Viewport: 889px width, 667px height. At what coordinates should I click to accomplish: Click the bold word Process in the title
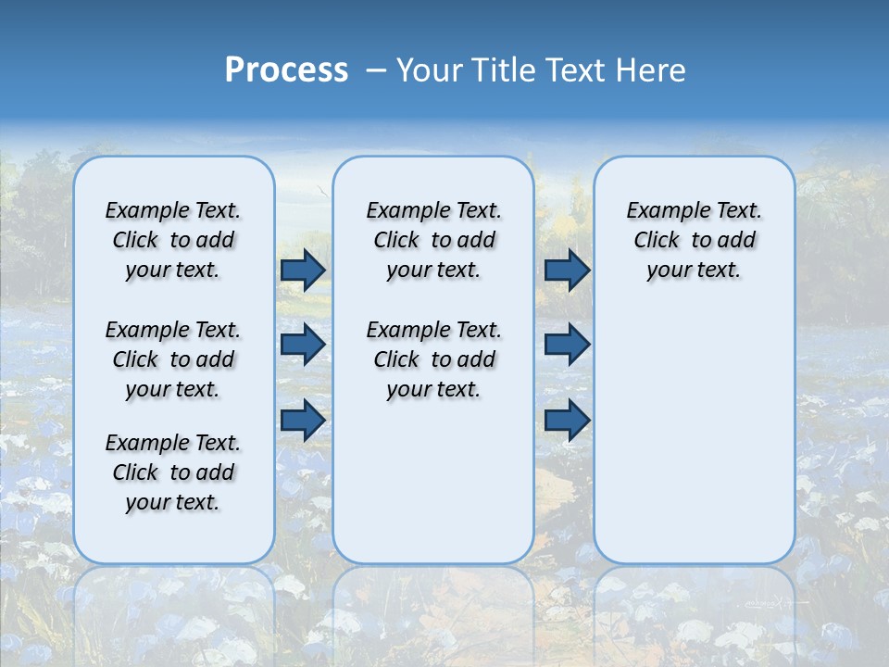pos(286,70)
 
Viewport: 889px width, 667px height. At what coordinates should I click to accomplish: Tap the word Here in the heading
pos(652,70)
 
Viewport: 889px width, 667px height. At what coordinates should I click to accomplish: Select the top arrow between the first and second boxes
pos(303,270)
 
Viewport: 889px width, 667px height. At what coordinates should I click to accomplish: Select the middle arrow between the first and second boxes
pos(303,345)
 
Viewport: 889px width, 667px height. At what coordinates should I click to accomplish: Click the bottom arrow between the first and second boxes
pos(303,420)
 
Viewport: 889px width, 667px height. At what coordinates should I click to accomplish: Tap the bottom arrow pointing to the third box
pos(567,421)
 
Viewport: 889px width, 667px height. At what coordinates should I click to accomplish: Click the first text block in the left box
pos(173,240)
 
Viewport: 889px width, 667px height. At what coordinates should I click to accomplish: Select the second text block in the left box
pos(173,359)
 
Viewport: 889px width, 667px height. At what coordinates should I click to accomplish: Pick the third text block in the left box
pos(173,472)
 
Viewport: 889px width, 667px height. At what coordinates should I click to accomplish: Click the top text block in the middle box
pos(433,240)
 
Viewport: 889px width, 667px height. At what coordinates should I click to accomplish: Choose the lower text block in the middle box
pos(433,359)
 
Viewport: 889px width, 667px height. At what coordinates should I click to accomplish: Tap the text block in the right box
pos(694,240)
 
